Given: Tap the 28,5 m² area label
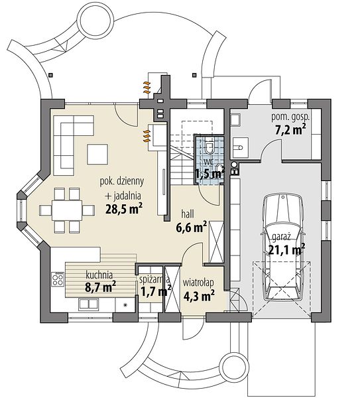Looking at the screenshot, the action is click(124, 209).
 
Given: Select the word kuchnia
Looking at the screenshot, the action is click(99, 275).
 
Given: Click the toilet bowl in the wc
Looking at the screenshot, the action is click(210, 148).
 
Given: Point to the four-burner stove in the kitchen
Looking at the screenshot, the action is click(58, 279).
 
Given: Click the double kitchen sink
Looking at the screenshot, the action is click(88, 304).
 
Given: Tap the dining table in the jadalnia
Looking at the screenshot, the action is click(67, 210).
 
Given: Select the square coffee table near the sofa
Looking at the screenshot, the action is click(97, 154).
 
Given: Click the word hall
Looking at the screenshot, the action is click(188, 214).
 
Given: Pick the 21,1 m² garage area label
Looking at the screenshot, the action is click(286, 250).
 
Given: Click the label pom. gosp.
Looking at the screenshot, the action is click(290, 117).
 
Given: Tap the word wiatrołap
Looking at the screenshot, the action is click(198, 283).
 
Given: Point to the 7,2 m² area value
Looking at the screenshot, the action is click(290, 129).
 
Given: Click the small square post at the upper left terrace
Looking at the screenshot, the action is click(51, 75).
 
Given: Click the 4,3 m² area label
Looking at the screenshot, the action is click(199, 295).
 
